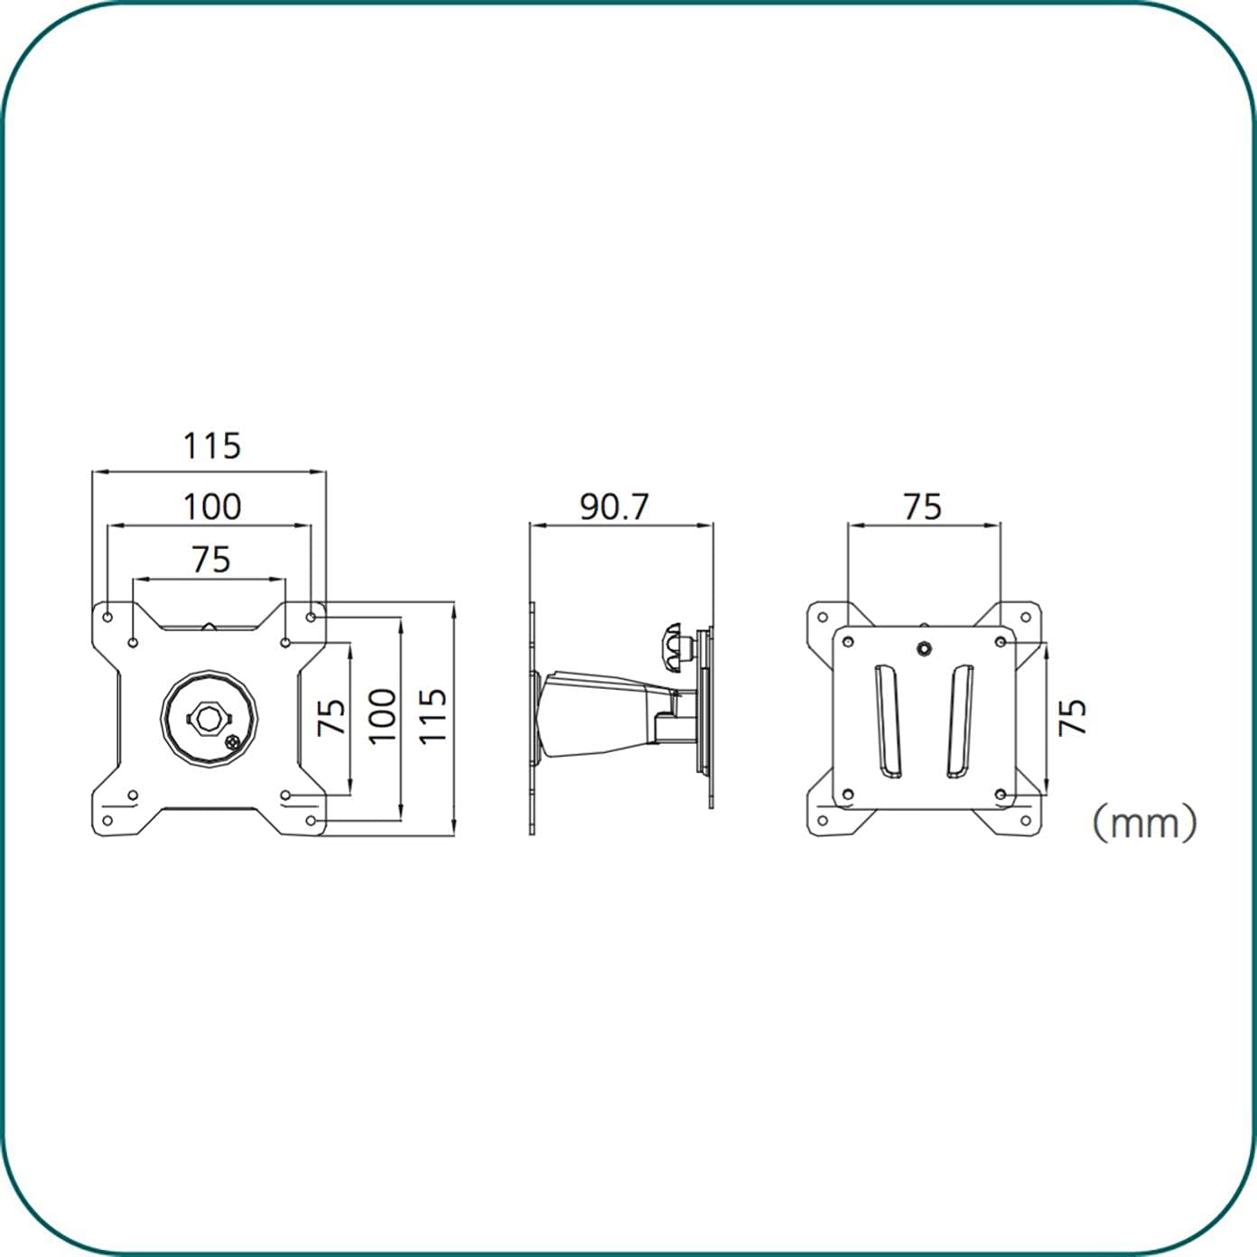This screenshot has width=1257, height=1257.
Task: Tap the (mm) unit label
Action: point(1145,823)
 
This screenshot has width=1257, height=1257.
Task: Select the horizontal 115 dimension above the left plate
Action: point(212,446)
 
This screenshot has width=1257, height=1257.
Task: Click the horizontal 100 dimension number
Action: point(212,507)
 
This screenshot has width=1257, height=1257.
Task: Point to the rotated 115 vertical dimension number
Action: point(433,715)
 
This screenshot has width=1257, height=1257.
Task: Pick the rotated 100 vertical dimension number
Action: point(382,715)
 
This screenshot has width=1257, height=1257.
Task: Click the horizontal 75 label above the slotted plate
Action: point(922,507)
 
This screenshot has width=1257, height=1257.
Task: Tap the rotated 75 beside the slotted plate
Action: point(1073,718)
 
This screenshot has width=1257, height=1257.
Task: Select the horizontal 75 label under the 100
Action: point(211,560)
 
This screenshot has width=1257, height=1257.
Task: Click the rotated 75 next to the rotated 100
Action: point(332,716)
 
